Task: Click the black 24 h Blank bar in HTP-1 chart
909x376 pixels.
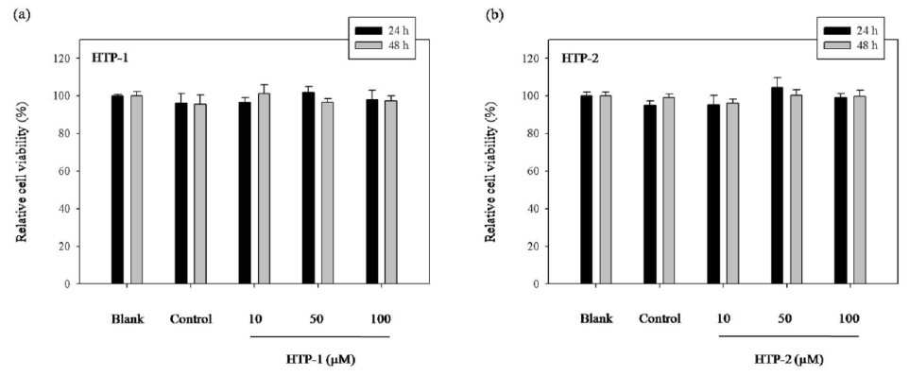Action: pos(118,190)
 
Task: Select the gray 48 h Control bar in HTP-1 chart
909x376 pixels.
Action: pos(200,194)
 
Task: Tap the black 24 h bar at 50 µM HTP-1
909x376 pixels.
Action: pos(308,188)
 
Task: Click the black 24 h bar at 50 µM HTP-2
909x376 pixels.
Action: pos(777,185)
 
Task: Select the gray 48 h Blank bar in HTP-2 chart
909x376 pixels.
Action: pos(606,190)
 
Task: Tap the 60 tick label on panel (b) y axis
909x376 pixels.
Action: pos(534,171)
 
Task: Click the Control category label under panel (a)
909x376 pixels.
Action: pos(191,318)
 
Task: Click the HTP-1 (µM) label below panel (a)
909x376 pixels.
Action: pos(320,360)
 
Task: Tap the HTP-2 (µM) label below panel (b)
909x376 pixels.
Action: pos(789,360)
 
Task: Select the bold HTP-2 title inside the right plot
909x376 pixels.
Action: pos(575,58)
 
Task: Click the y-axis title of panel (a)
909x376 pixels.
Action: pos(24,172)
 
